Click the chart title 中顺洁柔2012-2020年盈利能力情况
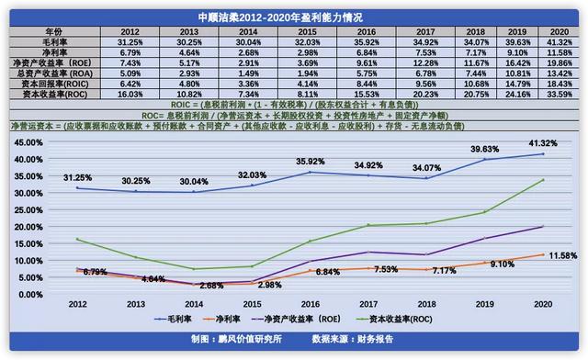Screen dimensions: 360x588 tap(294, 17)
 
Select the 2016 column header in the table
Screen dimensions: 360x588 tap(342, 30)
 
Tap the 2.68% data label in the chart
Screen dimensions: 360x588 tap(211, 285)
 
